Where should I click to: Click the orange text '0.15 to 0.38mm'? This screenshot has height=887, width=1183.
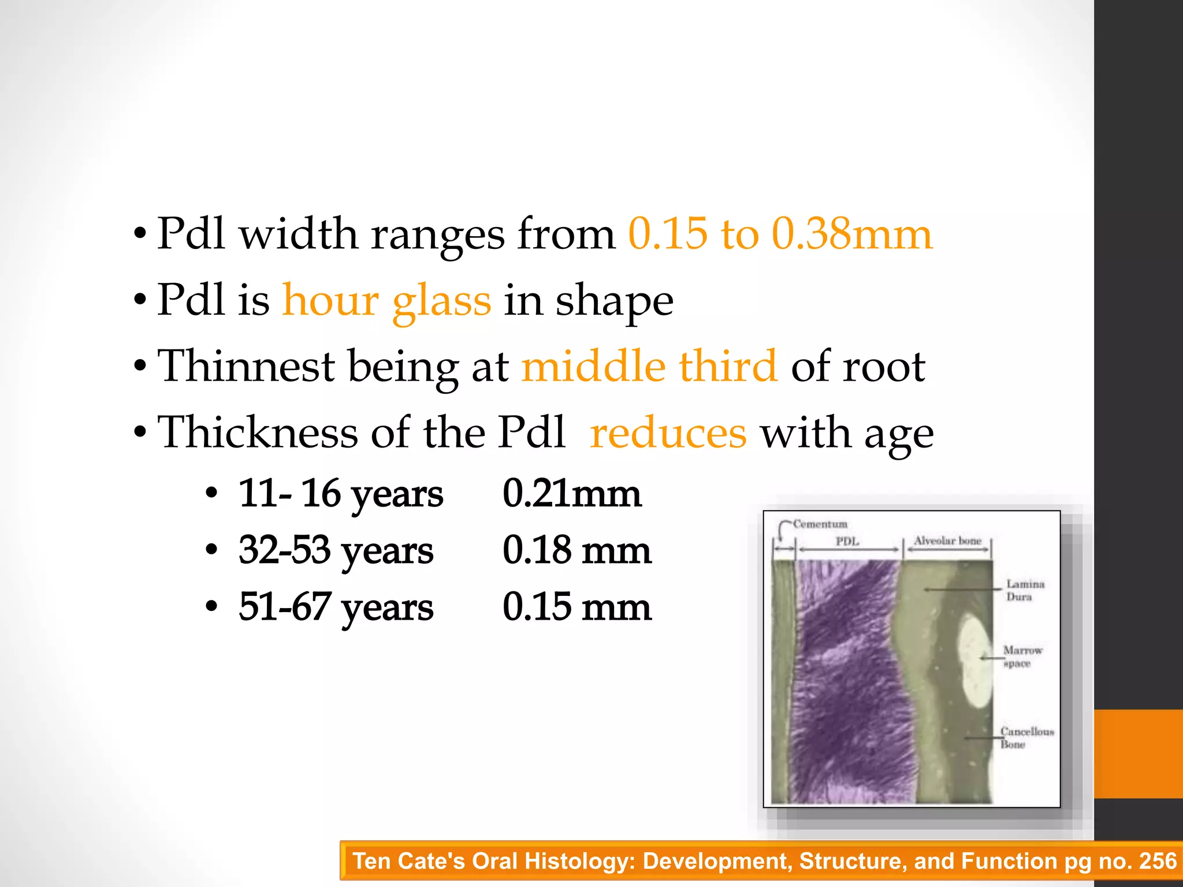tap(780, 234)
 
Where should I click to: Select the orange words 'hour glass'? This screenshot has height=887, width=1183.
tap(386, 300)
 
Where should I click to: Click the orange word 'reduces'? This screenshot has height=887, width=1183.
tap(668, 433)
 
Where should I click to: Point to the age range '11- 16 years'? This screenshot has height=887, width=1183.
tap(341, 494)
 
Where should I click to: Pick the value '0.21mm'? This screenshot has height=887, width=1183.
tap(572, 494)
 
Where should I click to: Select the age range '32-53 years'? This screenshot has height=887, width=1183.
tap(336, 550)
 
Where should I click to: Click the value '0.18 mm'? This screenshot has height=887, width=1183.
tap(576, 550)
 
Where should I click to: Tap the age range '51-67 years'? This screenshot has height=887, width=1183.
tap(336, 607)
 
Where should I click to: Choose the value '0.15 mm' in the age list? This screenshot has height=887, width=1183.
tap(576, 607)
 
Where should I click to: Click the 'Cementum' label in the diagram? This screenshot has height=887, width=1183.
tap(820, 524)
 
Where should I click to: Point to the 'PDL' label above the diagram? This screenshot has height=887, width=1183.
tap(847, 542)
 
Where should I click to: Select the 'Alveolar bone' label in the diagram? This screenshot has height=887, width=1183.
tap(947, 541)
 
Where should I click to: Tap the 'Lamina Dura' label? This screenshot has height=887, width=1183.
tap(1025, 590)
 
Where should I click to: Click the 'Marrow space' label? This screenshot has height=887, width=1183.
tap(1022, 657)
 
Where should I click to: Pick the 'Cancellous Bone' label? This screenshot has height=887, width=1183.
tap(1026, 737)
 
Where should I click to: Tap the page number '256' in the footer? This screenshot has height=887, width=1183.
tap(1158, 861)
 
